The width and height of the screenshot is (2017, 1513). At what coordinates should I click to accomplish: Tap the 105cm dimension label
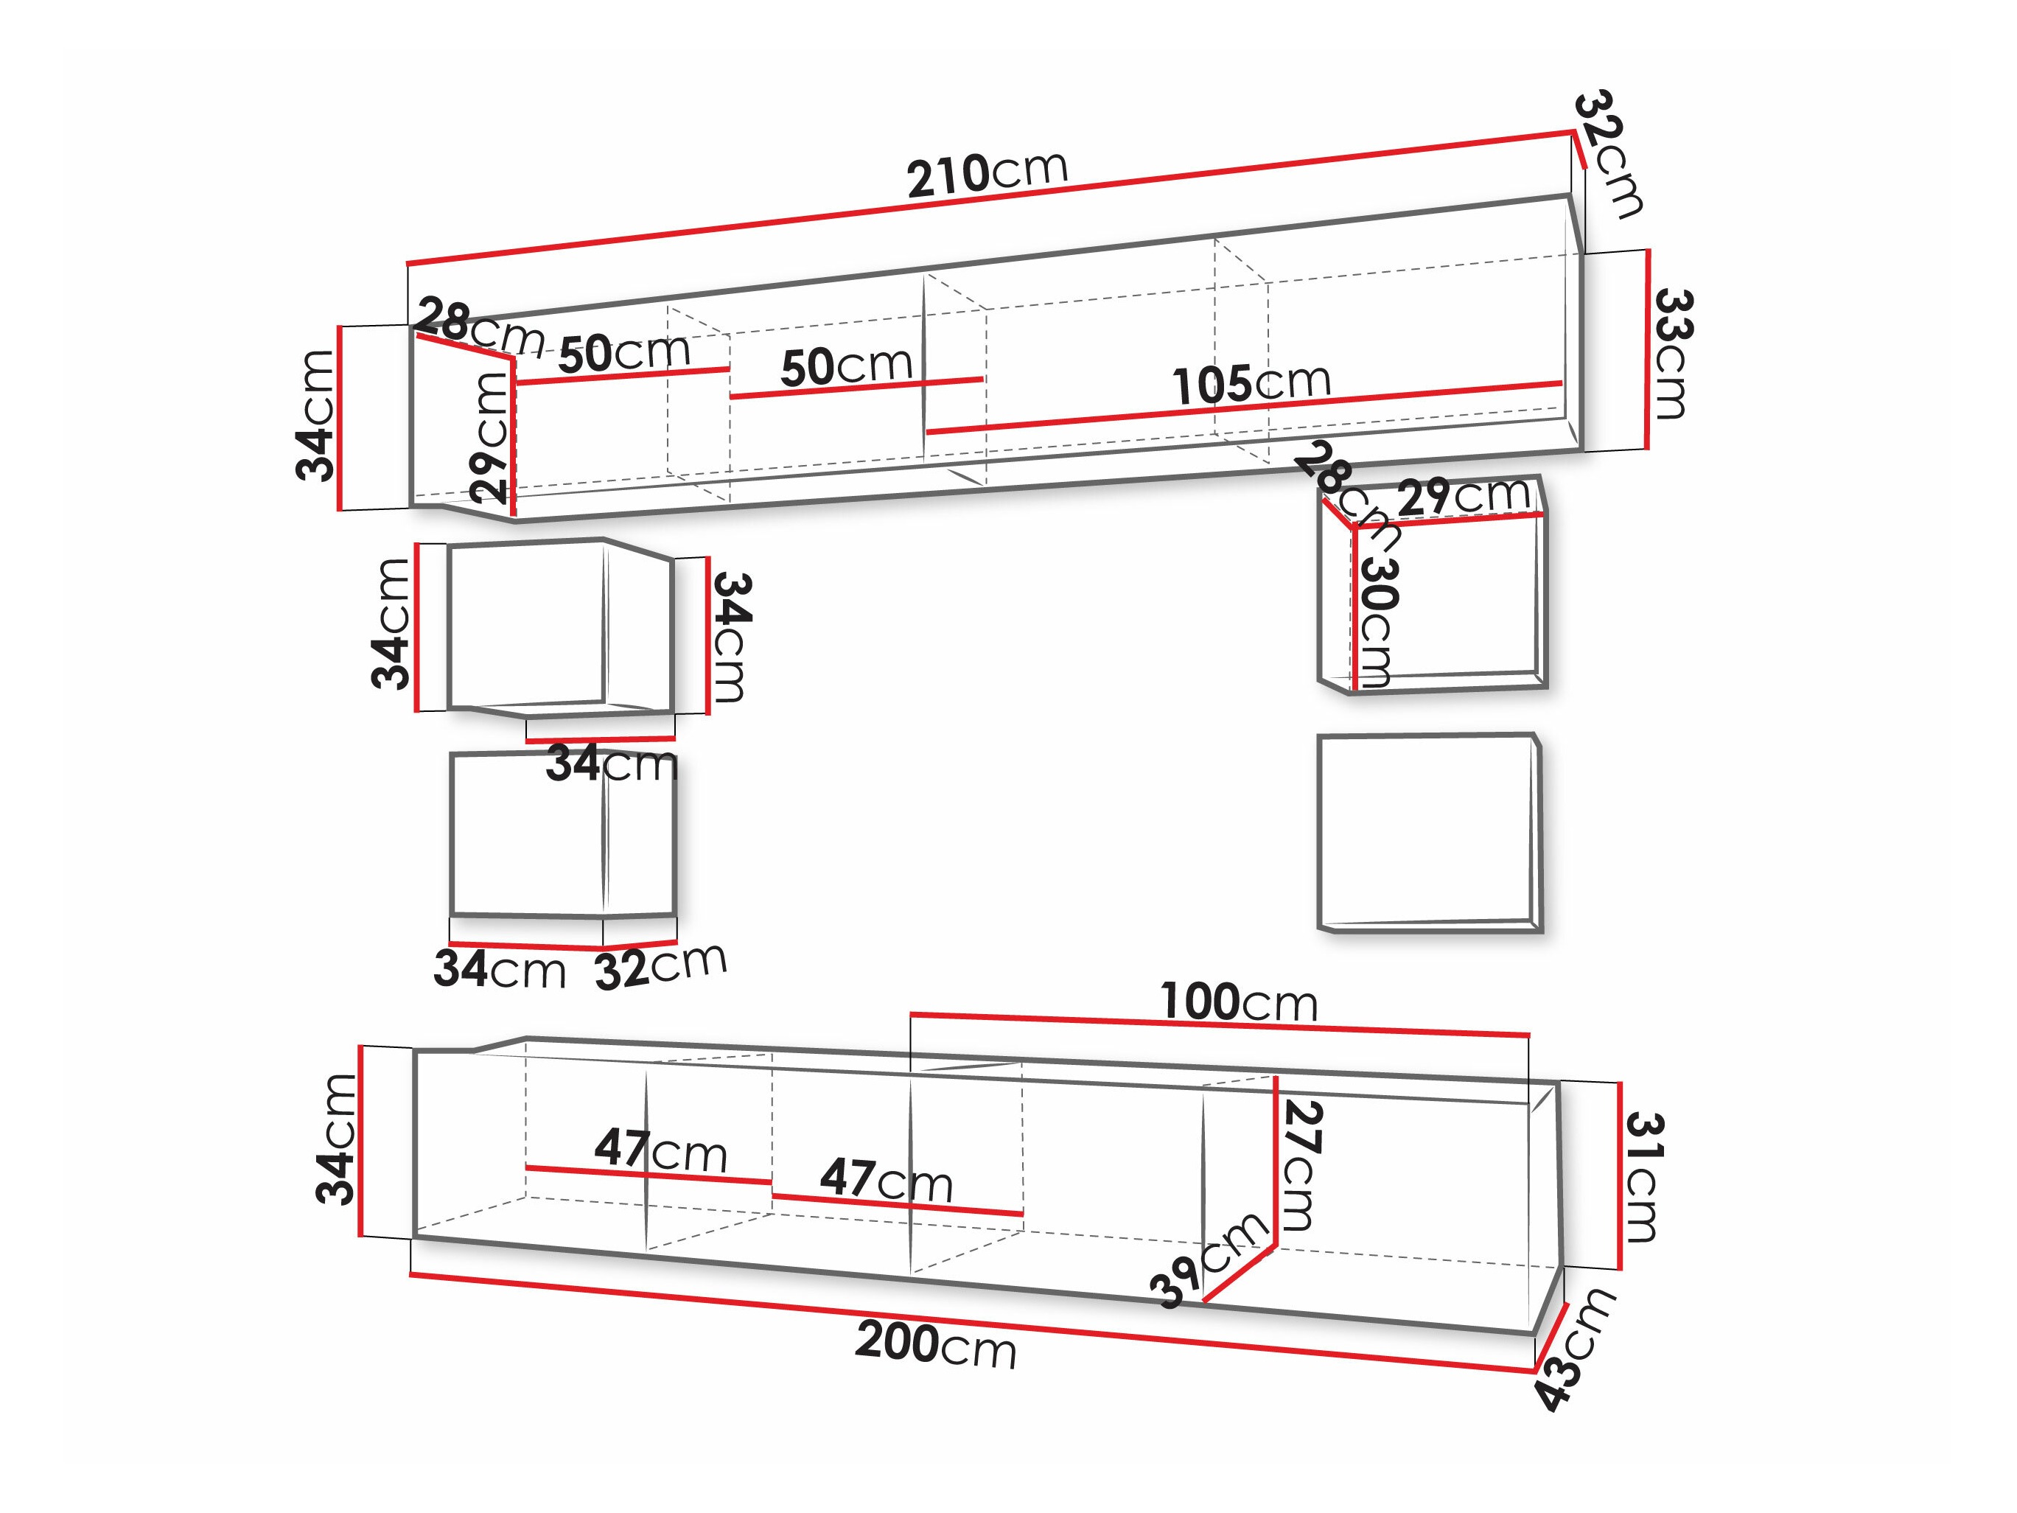click(x=1251, y=383)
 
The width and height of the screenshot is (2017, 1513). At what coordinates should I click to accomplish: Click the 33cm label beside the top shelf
click(x=1672, y=354)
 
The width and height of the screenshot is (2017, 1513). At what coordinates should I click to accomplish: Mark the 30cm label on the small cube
click(x=1376, y=622)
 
